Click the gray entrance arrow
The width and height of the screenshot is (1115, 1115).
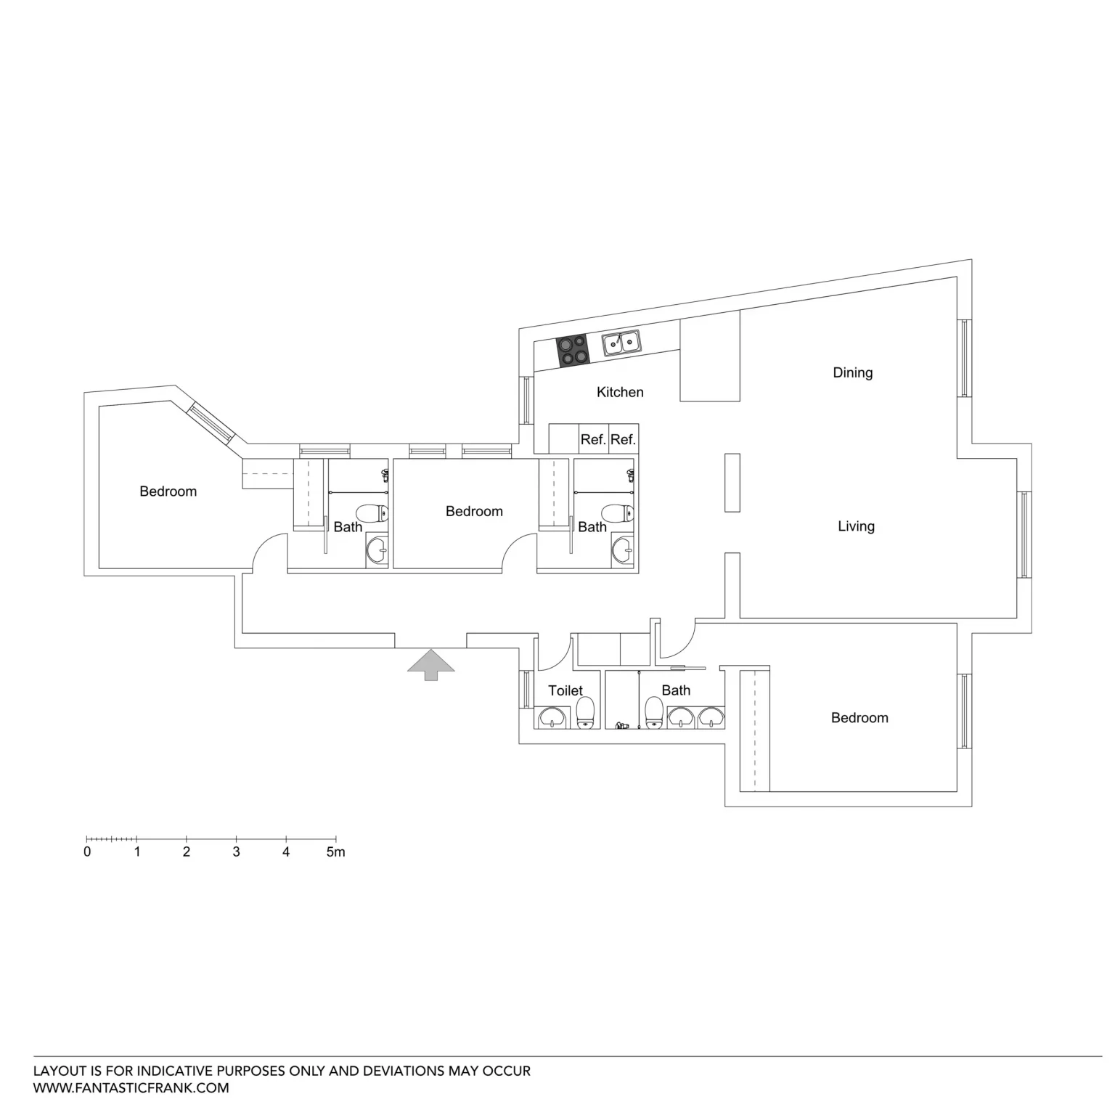pos(430,665)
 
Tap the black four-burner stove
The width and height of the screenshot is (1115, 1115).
pos(572,351)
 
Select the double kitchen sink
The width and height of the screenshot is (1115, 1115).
pos(621,343)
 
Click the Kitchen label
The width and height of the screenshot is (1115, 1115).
pos(620,392)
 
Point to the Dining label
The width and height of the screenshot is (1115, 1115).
pos(852,373)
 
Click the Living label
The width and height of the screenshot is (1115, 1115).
pos(856,526)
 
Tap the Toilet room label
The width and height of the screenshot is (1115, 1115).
pos(565,690)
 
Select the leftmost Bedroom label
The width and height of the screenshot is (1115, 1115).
pos(168,491)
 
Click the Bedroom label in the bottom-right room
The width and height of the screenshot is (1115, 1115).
pos(859,718)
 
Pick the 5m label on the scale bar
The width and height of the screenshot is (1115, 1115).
pos(335,852)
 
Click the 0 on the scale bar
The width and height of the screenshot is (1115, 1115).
pos(87,852)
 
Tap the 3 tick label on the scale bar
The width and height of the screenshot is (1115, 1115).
pos(236,852)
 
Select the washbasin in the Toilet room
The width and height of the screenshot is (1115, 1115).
pos(552,717)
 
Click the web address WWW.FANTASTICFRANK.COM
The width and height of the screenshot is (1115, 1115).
pos(131,1088)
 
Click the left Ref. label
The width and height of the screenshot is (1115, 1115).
pos(593,440)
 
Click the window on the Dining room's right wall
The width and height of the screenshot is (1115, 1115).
pos(964,358)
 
